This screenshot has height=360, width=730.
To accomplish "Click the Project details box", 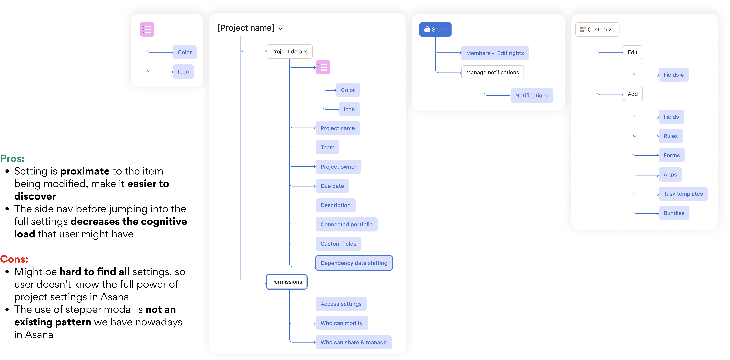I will coord(289,52).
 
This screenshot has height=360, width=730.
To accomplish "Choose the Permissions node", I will coord(287,282).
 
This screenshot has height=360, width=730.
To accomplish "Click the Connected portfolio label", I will coord(346,224).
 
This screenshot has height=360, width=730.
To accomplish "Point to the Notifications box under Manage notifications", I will coord(532,95).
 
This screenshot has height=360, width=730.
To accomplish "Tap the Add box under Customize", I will coord(633,94).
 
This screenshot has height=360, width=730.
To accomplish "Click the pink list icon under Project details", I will coord(323,67).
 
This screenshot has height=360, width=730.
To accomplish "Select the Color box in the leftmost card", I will coord(184,52).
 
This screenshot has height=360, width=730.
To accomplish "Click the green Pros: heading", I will coord(12,159).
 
